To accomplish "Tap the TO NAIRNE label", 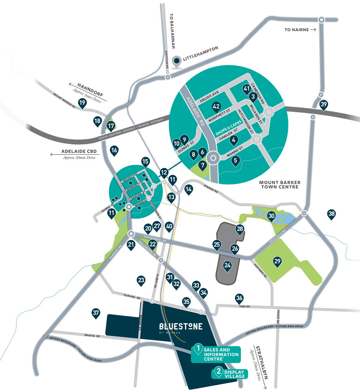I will coord(297,30).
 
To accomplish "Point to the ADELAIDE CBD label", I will coord(79,151).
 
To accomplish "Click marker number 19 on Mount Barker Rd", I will coord(82,103).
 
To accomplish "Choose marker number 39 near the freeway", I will coord(323,105).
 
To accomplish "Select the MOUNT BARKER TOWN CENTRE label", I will coord(279,185).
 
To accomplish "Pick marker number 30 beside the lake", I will coord(271,216).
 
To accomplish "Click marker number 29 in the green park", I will coord(277,261).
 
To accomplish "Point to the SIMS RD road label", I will coord(244,306).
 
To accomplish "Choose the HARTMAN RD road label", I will coord(260,270).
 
